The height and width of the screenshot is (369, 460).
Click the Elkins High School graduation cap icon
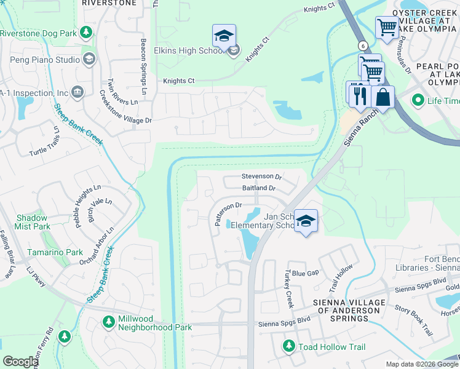coord(224,36)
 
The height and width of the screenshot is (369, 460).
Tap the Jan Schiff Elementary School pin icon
coord(306,221)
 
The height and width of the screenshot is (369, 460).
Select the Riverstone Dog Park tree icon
coord(87,32)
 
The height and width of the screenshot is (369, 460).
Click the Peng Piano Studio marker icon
coord(89,60)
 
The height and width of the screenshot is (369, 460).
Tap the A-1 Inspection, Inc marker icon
coord(78,93)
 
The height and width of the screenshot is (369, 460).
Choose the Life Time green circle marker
coord(418,100)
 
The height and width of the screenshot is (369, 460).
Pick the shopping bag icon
coord(383,97)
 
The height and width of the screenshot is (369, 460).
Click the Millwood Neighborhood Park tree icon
coord(108,322)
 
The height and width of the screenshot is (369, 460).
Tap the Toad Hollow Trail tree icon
coord(288,347)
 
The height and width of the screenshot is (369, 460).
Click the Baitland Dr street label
coord(259,188)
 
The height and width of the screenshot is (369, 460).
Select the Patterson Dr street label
coord(228,212)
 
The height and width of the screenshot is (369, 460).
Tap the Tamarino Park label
coord(55,252)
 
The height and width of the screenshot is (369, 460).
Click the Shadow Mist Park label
coord(32,223)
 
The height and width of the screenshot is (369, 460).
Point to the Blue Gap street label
coord(305,272)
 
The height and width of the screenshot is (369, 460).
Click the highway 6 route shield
coord(363,46)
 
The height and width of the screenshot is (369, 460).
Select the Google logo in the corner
coord(20,362)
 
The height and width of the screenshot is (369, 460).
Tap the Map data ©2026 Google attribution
coord(421,364)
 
